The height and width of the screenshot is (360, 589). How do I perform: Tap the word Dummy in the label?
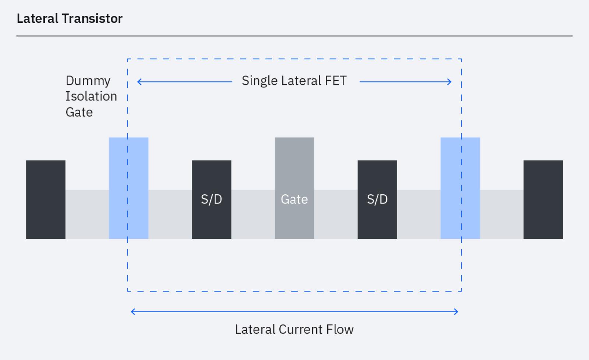pyautogui.click(x=88, y=81)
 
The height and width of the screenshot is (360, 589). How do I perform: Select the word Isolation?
pyautogui.click(x=91, y=96)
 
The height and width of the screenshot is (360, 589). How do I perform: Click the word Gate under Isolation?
pyautogui.click(x=79, y=112)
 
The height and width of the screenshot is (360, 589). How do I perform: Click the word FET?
pyautogui.click(x=336, y=81)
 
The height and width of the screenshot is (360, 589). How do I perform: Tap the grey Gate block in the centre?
pyautogui.click(x=294, y=188)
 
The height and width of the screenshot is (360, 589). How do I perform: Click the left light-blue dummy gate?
pyautogui.click(x=128, y=188)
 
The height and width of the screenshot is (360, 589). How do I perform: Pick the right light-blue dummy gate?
pyautogui.click(x=460, y=188)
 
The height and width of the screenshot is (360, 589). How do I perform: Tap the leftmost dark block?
pyautogui.click(x=46, y=200)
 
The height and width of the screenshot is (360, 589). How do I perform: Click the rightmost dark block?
pyautogui.click(x=543, y=200)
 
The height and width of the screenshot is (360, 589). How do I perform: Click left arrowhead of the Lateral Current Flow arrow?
pyautogui.click(x=133, y=312)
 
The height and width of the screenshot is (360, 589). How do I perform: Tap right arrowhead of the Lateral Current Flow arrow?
pyautogui.click(x=456, y=312)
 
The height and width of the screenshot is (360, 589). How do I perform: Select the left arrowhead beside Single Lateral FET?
pyautogui.click(x=139, y=82)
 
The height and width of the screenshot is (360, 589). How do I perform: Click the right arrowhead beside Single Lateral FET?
pyautogui.click(x=450, y=82)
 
